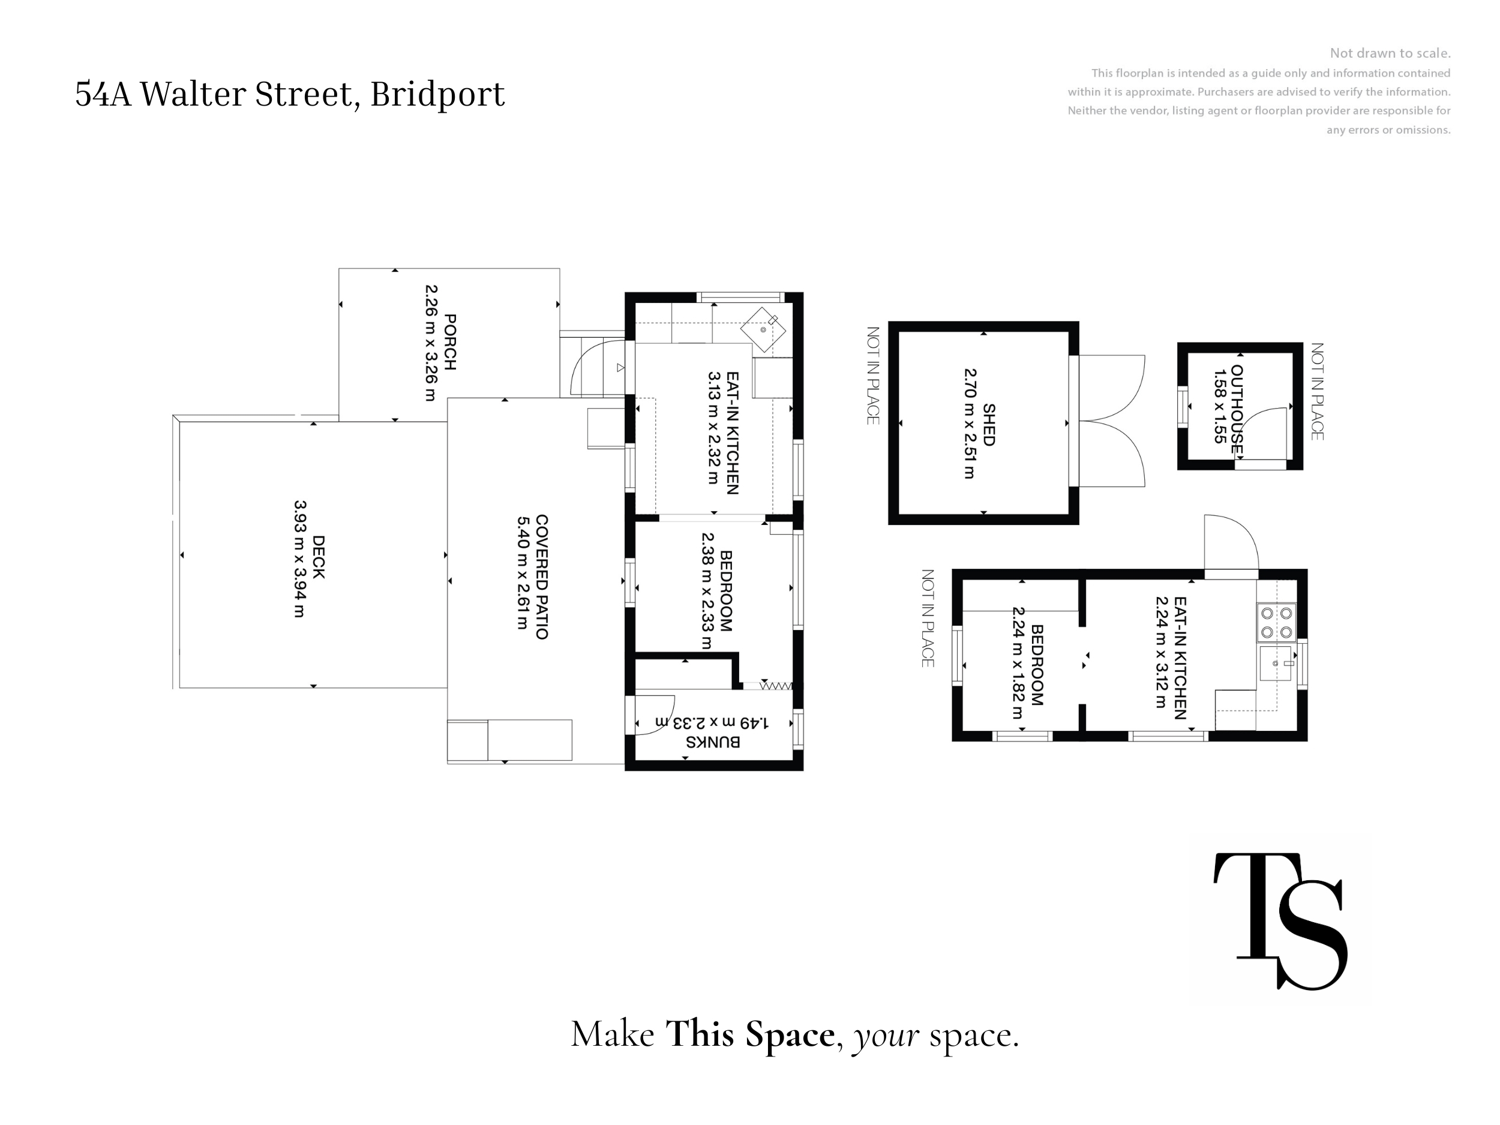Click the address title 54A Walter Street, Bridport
290,94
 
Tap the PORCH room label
449,343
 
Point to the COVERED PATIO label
542,577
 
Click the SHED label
989,425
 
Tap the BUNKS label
713,742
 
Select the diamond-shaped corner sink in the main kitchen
763,329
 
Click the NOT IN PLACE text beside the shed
874,376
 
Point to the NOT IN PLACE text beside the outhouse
1317,391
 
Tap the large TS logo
1280,921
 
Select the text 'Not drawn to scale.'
1390,53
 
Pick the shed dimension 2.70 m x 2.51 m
970,424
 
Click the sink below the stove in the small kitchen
1276,663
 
